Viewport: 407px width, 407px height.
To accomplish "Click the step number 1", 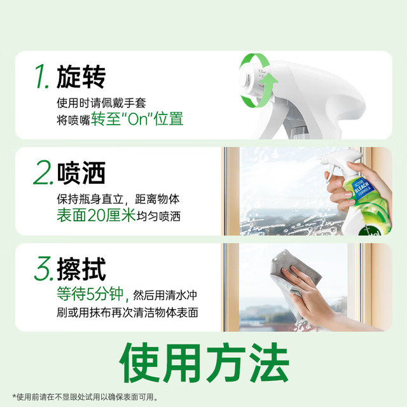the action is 41,77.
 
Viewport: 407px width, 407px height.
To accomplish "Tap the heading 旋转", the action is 81,77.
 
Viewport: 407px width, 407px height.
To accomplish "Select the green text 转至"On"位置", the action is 137,119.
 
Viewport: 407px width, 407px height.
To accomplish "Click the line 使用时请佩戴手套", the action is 102,103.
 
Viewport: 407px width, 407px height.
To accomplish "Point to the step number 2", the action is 43,173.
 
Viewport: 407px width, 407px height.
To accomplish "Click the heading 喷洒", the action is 81,173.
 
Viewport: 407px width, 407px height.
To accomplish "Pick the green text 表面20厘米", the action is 96,216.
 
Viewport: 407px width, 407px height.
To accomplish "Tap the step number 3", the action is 44,269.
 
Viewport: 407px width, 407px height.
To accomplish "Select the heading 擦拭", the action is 81,269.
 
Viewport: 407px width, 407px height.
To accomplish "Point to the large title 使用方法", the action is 204,363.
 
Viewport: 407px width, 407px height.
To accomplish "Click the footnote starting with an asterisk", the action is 85,397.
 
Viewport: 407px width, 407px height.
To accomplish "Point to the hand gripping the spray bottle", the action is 353,187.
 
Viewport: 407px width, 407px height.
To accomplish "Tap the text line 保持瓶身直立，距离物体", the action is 118,199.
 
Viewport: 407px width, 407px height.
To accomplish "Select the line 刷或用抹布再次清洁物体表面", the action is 127,312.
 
